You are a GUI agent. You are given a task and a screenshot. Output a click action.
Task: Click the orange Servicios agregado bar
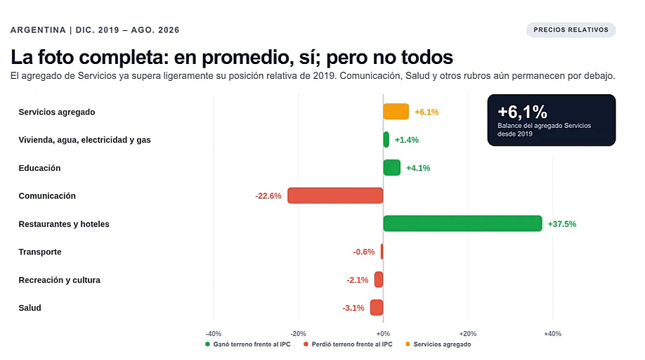(396, 112)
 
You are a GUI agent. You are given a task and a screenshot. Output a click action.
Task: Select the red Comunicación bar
(335, 195)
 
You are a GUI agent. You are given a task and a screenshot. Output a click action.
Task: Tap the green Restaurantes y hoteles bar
(462, 224)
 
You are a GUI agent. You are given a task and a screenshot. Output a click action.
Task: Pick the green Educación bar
(391, 167)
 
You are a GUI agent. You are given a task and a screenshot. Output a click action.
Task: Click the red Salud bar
(377, 307)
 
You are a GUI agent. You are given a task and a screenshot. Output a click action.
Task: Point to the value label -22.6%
(268, 196)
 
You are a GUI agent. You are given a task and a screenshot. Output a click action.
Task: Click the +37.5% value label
(562, 224)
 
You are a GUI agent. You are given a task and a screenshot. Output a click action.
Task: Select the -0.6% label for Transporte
(364, 252)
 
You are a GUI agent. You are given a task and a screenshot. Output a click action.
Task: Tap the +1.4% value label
(407, 140)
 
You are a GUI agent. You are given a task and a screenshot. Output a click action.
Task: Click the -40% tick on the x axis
(214, 334)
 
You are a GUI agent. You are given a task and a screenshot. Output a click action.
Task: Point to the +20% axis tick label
(468, 334)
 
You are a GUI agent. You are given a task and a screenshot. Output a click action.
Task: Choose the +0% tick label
(383, 334)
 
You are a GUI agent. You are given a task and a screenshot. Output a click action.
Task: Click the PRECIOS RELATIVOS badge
(571, 30)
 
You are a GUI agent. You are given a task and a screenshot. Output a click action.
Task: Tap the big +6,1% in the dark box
(523, 112)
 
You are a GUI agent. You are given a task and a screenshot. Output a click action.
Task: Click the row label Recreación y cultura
(59, 280)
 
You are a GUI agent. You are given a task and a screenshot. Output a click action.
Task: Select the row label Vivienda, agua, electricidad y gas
(84, 140)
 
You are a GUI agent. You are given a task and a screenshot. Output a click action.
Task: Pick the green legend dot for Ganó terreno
(208, 345)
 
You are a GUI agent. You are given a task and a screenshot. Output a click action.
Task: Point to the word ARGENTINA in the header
(38, 30)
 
